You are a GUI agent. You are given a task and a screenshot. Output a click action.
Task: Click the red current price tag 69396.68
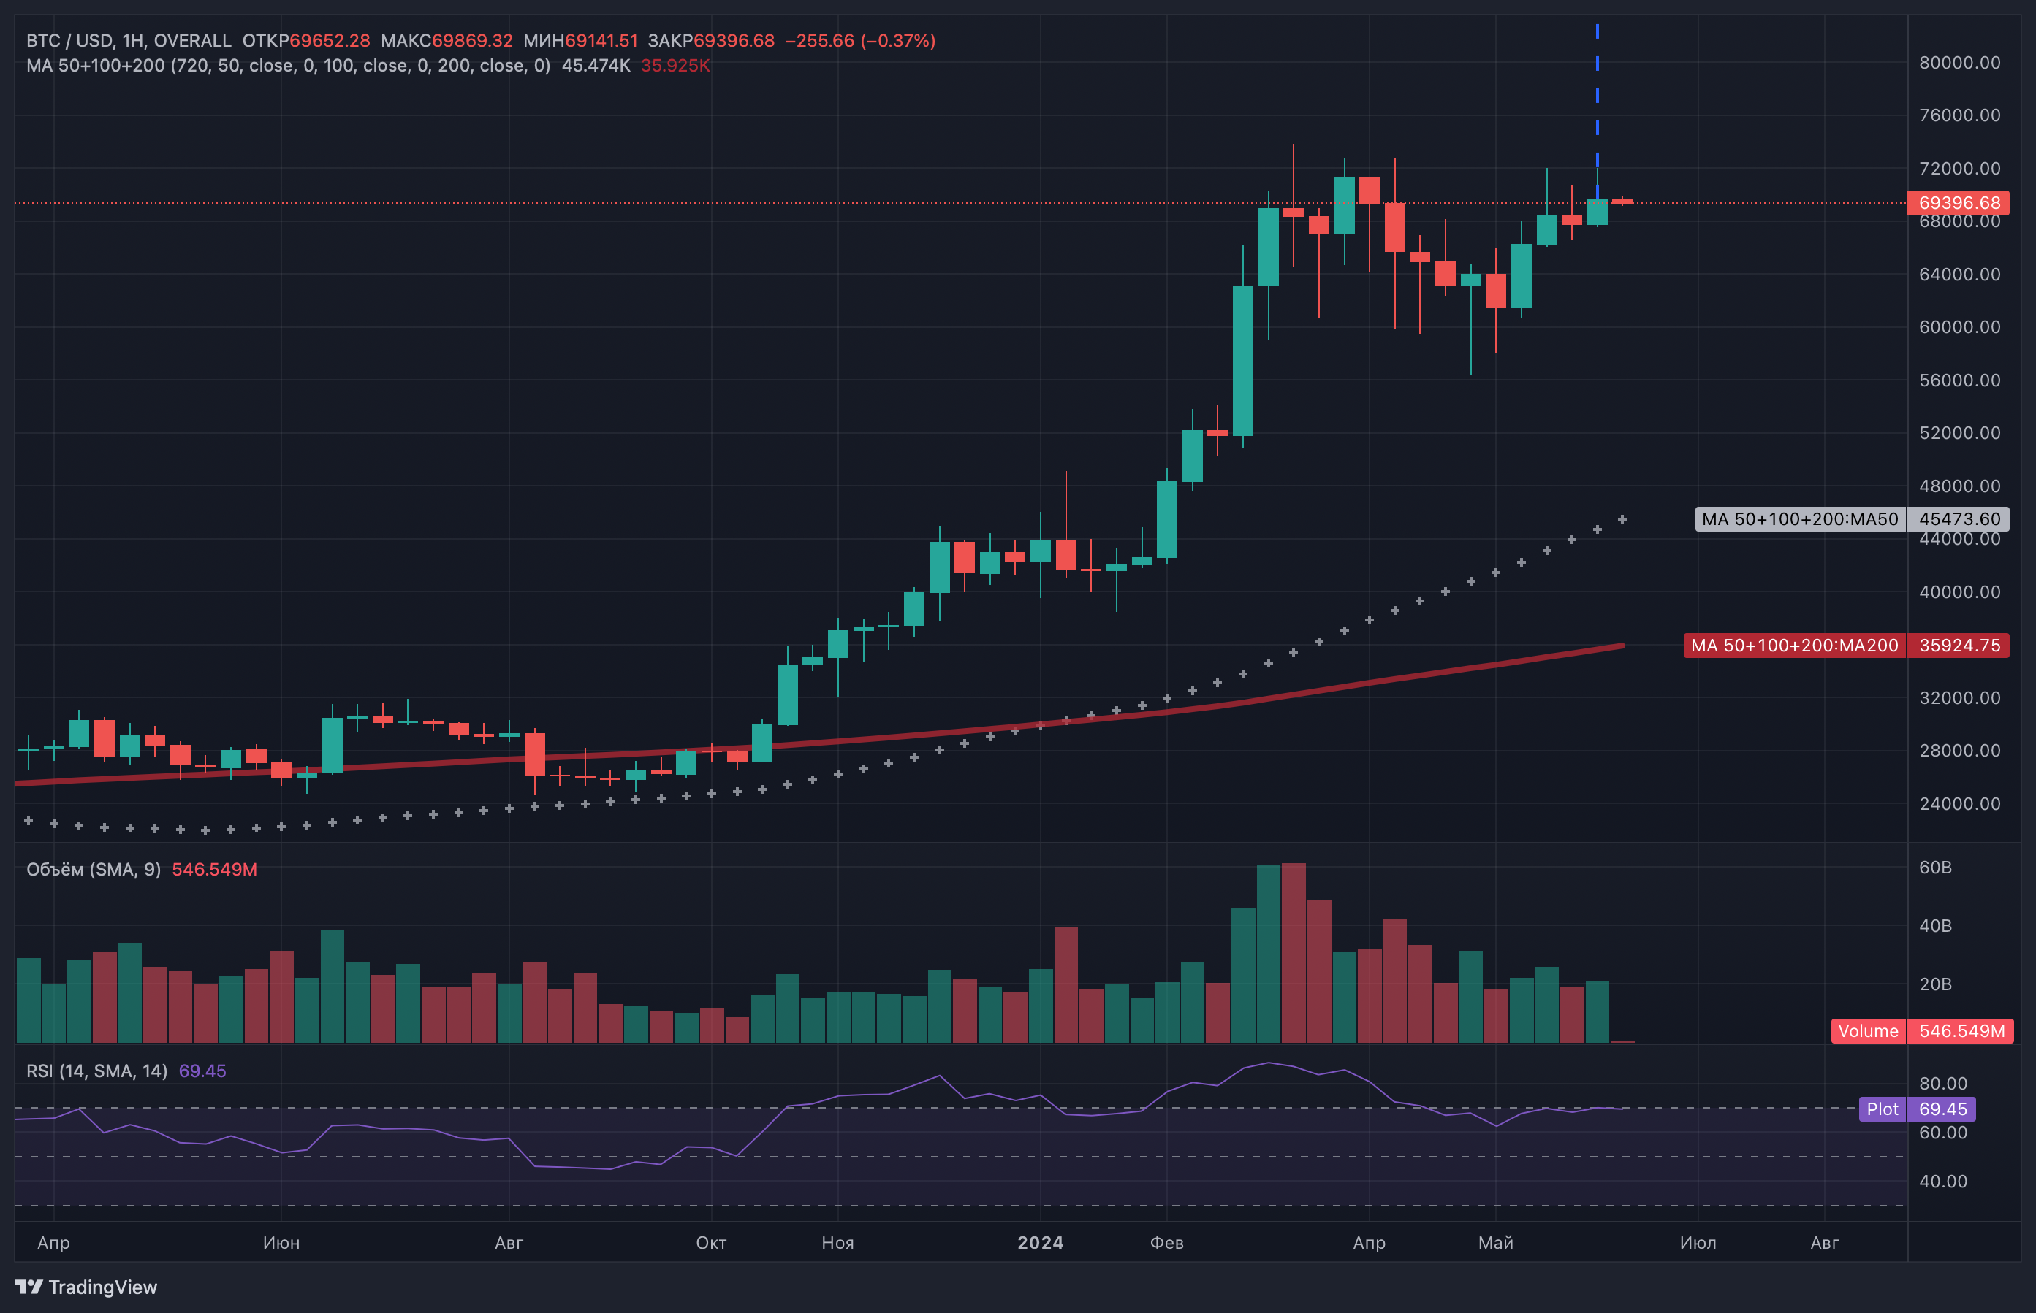[1958, 203]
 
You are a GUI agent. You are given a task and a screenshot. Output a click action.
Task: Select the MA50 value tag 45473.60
[1958, 519]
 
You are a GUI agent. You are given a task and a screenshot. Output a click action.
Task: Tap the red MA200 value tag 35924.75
[1958, 646]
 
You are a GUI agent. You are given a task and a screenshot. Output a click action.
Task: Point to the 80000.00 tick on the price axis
[1959, 63]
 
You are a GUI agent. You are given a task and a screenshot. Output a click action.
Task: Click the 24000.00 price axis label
[1959, 804]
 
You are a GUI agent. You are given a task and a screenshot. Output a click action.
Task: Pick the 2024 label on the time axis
[1040, 1242]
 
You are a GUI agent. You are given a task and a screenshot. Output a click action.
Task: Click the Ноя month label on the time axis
[837, 1242]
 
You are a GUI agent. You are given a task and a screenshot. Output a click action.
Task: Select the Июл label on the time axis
[1698, 1242]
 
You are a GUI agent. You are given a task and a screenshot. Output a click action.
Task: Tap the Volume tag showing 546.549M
[1923, 1031]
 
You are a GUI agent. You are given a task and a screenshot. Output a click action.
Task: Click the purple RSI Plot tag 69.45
[1918, 1109]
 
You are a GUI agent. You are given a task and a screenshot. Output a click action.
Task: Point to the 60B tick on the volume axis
[1934, 867]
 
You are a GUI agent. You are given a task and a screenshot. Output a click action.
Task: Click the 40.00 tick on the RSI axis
[1943, 1181]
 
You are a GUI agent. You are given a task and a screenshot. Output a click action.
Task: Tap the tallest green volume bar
[1269, 954]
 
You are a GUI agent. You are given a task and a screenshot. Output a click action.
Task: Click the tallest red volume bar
[1293, 953]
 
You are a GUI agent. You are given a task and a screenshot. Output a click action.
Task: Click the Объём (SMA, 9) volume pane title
[94, 870]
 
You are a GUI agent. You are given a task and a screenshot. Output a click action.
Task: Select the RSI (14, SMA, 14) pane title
[96, 1071]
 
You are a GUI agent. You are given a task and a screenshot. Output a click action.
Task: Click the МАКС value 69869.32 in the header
[473, 41]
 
